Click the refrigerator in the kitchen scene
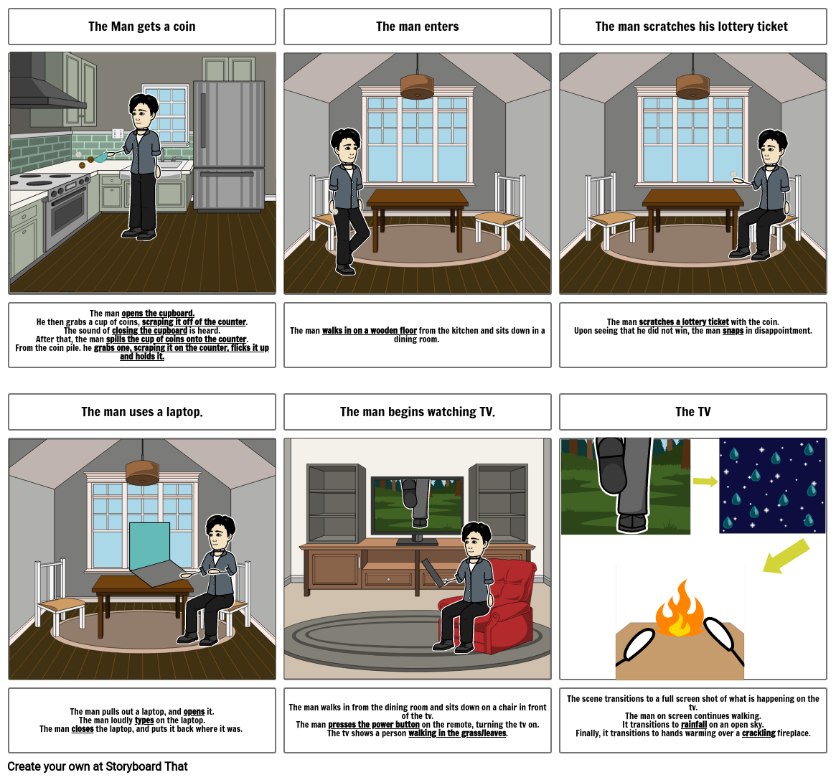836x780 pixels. (x=229, y=144)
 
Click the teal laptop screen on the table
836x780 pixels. (x=150, y=545)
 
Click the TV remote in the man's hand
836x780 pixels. (x=433, y=573)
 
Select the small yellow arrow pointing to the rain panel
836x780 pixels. (x=705, y=481)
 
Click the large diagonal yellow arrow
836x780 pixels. (x=786, y=556)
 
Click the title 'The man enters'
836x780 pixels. (x=417, y=26)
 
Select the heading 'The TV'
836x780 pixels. (x=692, y=412)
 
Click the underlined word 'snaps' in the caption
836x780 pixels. (x=733, y=331)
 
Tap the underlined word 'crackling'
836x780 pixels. (x=758, y=733)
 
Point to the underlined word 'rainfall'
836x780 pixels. (x=694, y=725)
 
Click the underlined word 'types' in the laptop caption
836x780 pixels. (x=144, y=720)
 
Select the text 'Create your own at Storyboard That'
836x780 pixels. (x=98, y=766)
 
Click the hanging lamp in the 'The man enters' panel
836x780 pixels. (x=417, y=86)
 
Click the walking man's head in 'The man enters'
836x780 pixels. (x=345, y=146)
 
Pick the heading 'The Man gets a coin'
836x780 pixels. (x=142, y=26)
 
